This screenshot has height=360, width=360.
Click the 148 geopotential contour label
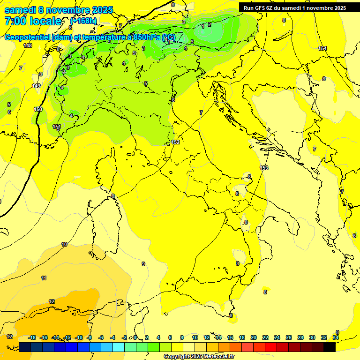[x=28, y=45]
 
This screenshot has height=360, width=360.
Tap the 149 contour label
[x=36, y=86]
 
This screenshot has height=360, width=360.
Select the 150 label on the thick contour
[x=38, y=109]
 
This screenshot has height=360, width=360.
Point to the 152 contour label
[x=175, y=142]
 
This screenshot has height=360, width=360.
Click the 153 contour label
[x=264, y=168]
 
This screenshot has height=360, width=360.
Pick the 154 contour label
[x=322, y=48]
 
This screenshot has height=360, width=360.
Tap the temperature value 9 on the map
[x=143, y=264]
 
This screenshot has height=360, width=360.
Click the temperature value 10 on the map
[x=64, y=244]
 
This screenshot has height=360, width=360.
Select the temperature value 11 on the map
[x=44, y=278]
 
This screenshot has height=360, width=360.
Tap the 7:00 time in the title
[x=14, y=21]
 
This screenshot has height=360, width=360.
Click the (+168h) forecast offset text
[x=83, y=21]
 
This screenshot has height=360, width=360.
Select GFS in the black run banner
[x=261, y=7]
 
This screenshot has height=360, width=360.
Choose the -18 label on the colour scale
[x=32, y=337]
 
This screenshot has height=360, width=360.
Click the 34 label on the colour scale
[x=336, y=337]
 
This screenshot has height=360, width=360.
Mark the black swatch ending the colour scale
[x=330, y=347]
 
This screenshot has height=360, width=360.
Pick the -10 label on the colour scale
[x=79, y=337]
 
